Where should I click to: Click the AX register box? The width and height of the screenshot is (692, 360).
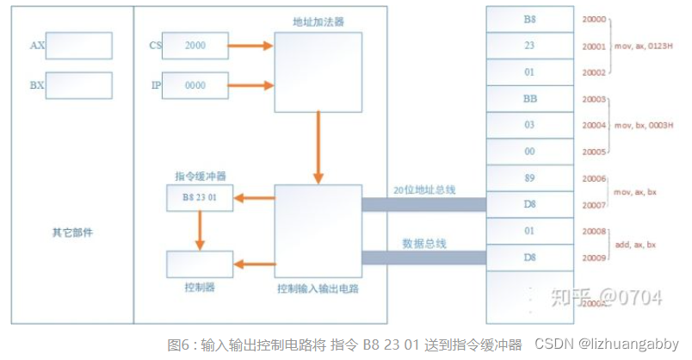coord(78,46)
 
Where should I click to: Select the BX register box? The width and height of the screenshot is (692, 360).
coord(78,85)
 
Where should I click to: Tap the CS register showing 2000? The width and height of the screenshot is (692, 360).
coord(195,46)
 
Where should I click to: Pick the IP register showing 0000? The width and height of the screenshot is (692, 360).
coord(195,85)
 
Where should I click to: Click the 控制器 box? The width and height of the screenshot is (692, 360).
coord(200,264)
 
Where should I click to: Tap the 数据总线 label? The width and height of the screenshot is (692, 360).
coord(423,243)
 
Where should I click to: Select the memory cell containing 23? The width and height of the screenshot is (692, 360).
coord(529,46)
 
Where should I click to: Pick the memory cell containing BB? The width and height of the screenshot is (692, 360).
coord(529,99)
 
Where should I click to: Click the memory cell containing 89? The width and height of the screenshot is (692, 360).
coord(529,178)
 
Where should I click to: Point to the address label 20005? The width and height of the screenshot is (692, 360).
coord(594,152)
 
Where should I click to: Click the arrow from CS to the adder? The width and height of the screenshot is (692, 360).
coord(251,46)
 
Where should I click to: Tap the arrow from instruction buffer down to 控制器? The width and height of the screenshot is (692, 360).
coord(200,231)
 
